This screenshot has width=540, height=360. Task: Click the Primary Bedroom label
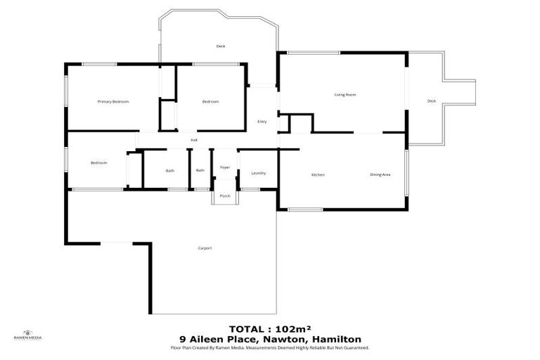(113, 102)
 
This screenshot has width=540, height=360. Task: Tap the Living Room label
(345, 94)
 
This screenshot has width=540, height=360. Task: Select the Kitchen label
(318, 174)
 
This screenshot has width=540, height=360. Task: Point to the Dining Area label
(380, 174)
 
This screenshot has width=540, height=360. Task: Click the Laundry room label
(258, 173)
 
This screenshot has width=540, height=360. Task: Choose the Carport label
(205, 248)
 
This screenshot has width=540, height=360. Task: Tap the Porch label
(225, 195)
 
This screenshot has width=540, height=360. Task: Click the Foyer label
(225, 167)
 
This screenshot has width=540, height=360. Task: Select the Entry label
(262, 122)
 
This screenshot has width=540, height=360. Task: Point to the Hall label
(193, 140)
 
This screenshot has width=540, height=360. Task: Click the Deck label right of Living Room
(432, 101)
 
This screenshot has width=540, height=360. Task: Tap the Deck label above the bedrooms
(220, 46)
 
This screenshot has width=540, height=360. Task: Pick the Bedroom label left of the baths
(98, 163)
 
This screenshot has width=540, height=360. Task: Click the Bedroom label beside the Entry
(210, 102)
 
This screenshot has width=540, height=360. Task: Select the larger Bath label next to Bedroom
(170, 171)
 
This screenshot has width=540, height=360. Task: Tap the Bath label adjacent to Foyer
(200, 170)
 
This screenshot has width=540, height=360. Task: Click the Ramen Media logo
(27, 335)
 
